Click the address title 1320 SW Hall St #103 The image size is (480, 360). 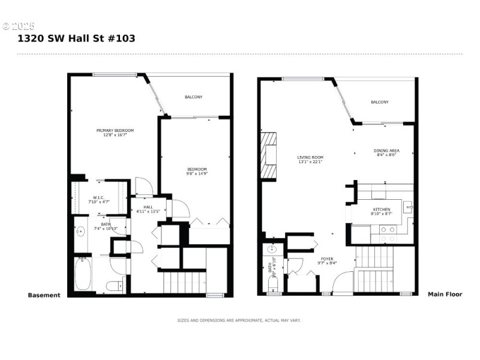click(x=76, y=38)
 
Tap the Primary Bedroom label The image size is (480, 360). click(x=115, y=133)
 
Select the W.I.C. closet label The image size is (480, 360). click(x=100, y=200)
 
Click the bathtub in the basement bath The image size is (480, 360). click(x=83, y=275)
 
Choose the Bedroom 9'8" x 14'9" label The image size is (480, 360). click(x=197, y=171)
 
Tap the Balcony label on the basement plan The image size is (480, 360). click(x=193, y=97)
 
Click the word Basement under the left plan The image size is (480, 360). click(x=44, y=295)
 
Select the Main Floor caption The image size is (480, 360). click(x=445, y=295)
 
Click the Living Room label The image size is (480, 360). click(x=310, y=160)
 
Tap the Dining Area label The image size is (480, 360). click(x=386, y=152)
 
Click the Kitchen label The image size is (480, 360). click(x=381, y=211)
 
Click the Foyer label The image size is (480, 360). click(x=310, y=261)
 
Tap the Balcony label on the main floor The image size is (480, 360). click(x=379, y=102)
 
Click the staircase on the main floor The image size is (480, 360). click(x=375, y=270)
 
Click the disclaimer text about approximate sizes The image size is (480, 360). click(x=239, y=320)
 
